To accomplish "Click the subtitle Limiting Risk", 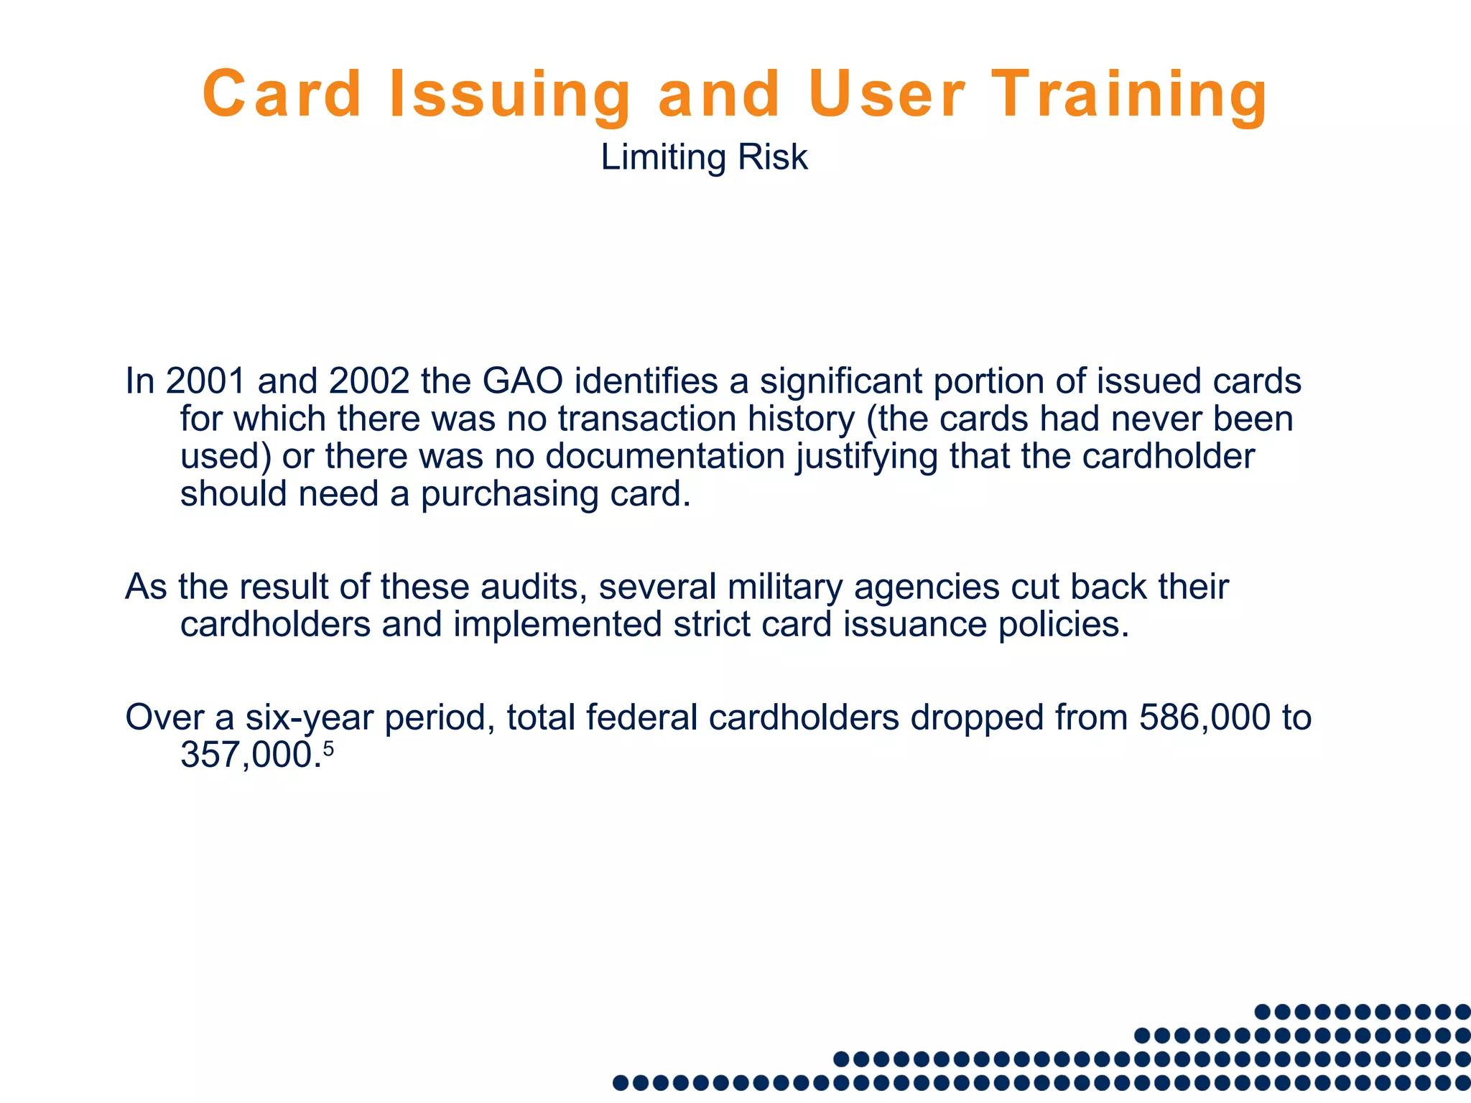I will click(x=704, y=157).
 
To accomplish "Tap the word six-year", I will click(x=309, y=717).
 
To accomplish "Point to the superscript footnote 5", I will click(x=328, y=749).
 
